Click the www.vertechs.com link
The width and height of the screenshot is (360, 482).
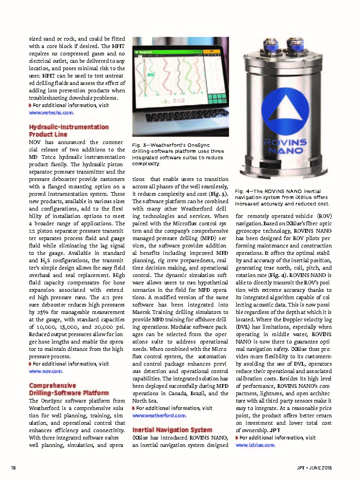[51, 112]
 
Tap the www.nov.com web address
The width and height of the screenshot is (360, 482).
[46, 371]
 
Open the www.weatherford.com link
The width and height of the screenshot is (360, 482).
[159, 416]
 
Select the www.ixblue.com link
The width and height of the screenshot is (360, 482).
[255, 445]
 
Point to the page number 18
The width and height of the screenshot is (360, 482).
[13, 468]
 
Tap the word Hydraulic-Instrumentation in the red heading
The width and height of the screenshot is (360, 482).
[69, 127]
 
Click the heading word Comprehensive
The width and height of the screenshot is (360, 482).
[53, 386]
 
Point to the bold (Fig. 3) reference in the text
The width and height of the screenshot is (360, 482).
[220, 194]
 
